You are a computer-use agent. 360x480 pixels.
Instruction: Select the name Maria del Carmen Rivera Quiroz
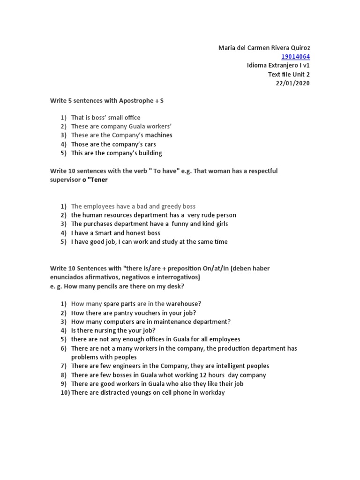(264, 48)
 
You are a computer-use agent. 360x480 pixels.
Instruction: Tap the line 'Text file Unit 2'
(289, 75)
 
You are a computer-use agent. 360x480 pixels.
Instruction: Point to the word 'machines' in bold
(158, 135)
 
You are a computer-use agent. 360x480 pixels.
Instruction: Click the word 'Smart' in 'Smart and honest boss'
(105, 233)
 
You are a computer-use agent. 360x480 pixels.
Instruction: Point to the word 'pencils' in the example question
(106, 286)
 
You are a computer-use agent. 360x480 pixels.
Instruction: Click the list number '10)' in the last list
(65, 393)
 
